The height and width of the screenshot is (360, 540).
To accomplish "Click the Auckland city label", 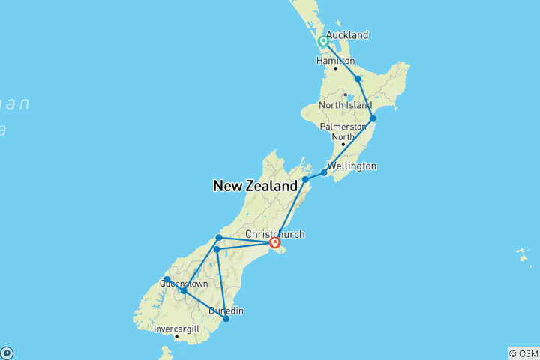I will pyautogui.click(x=347, y=35).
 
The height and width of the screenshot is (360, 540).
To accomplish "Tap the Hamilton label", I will pyautogui.click(x=335, y=61).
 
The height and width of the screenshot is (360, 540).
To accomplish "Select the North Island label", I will pyautogui.click(x=345, y=105).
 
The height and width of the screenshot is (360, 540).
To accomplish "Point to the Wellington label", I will pyautogui.click(x=352, y=166).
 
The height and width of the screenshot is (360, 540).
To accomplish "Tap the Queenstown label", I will pyautogui.click(x=184, y=284).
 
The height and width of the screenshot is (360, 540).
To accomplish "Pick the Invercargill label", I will pyautogui.click(x=178, y=328).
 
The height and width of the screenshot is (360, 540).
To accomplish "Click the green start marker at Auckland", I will pyautogui.click(x=322, y=41).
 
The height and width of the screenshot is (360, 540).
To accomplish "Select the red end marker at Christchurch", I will pyautogui.click(x=275, y=242).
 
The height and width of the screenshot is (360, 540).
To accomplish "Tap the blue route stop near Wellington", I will pyautogui.click(x=324, y=173).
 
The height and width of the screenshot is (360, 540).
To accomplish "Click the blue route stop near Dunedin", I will pyautogui.click(x=226, y=319).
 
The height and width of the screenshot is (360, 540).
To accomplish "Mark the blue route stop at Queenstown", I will pyautogui.click(x=183, y=290).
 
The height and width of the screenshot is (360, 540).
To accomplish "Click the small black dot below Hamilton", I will pyautogui.click(x=336, y=68).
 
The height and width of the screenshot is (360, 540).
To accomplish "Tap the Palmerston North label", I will pyautogui.click(x=343, y=131).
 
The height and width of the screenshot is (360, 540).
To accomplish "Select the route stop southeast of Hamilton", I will pyautogui.click(x=358, y=79).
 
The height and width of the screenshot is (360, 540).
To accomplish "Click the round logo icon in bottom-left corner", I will pyautogui.click(x=7, y=352).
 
